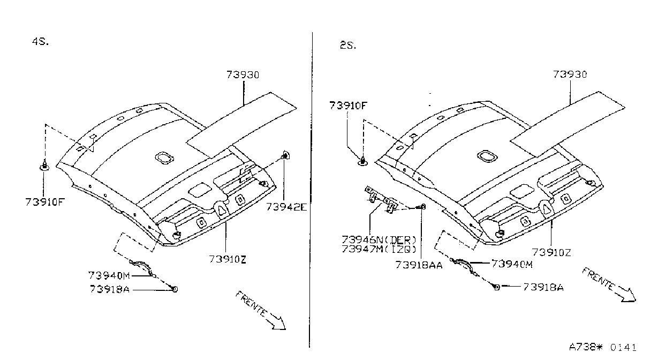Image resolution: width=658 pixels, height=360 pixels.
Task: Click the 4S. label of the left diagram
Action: point(40,42)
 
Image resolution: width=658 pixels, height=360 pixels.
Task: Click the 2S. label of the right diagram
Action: point(348,46)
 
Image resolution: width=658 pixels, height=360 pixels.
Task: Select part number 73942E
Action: point(286,207)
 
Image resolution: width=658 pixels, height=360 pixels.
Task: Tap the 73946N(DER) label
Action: point(379,240)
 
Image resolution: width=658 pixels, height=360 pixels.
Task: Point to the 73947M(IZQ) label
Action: point(379,249)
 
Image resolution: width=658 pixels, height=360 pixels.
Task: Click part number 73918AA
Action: point(419,265)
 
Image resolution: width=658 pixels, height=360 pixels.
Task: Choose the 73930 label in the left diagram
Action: point(243,75)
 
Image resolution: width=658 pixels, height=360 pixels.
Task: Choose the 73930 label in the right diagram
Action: point(570,74)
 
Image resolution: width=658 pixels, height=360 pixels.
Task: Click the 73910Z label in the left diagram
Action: point(228,259)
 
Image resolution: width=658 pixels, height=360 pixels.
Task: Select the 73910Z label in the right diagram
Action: point(551,252)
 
